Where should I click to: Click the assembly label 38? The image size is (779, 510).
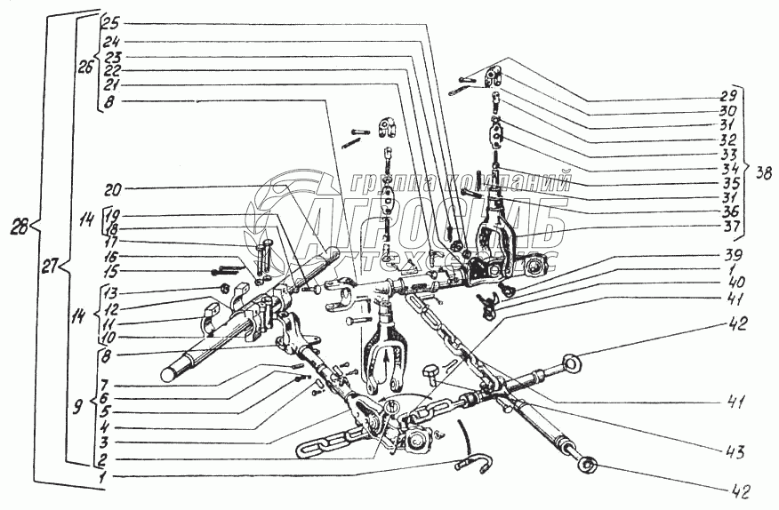coord(764,172)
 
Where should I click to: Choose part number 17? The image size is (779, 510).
coord(111,241)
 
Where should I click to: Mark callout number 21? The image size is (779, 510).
coord(111,86)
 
